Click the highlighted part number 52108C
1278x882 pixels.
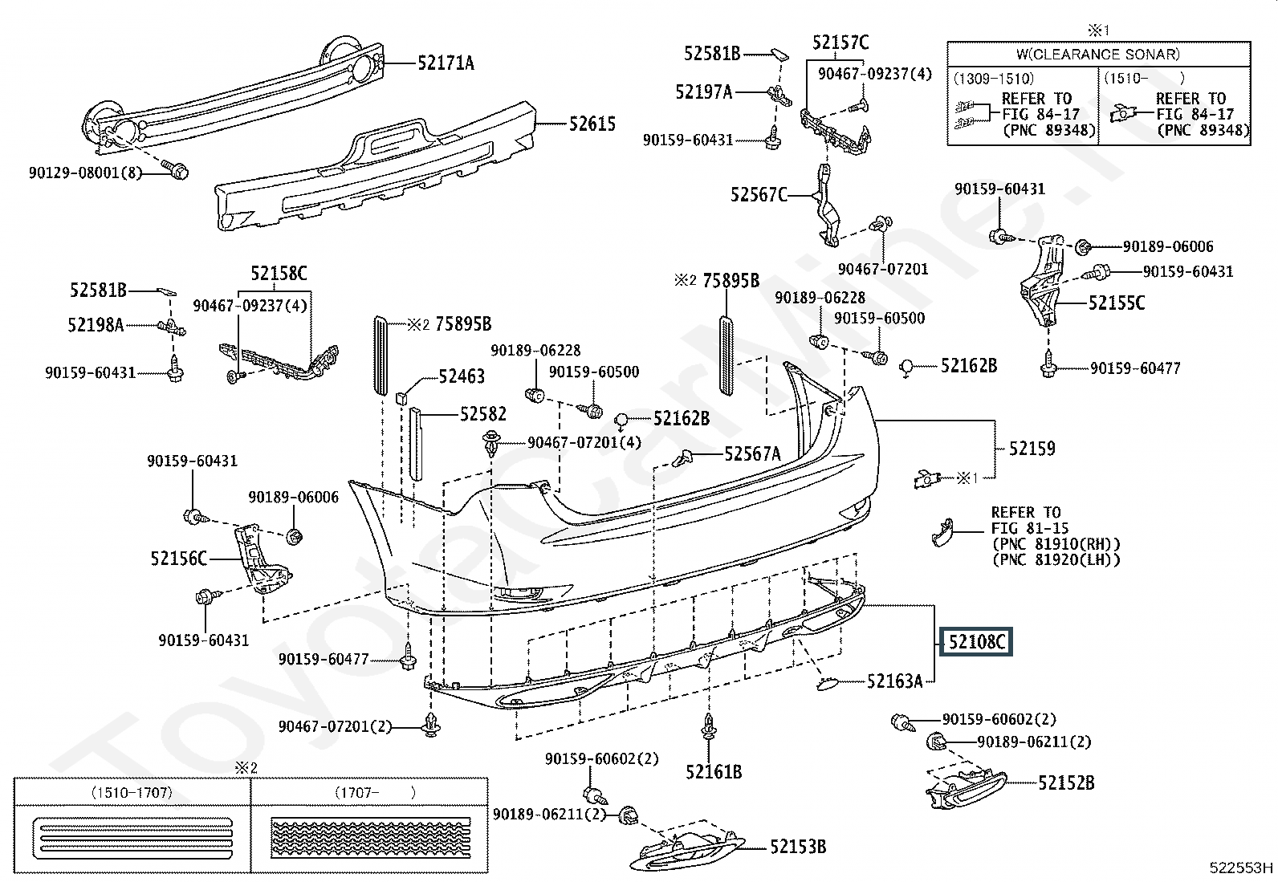tap(976, 642)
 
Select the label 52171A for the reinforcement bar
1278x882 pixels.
tap(446, 63)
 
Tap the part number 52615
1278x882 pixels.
tap(592, 124)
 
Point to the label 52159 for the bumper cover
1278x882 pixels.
tap(1032, 449)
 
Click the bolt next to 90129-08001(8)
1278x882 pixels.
tap(176, 169)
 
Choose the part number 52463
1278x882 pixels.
tap(462, 376)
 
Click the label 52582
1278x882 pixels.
tap(483, 414)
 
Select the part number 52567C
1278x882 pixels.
tap(759, 195)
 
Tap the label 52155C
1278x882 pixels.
tap(1117, 303)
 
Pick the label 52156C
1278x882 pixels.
tap(178, 559)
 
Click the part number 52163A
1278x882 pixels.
tap(894, 681)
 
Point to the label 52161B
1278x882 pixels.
tap(714, 772)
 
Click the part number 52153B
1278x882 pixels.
tap(798, 847)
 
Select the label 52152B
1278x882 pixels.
tap(1066, 783)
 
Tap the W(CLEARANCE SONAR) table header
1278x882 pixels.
tap(1098, 55)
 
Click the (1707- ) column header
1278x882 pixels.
tap(375, 792)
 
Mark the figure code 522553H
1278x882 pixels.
tap(1241, 868)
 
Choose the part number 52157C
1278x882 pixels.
tap(840, 43)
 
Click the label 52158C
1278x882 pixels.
tap(279, 274)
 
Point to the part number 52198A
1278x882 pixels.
tap(96, 325)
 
